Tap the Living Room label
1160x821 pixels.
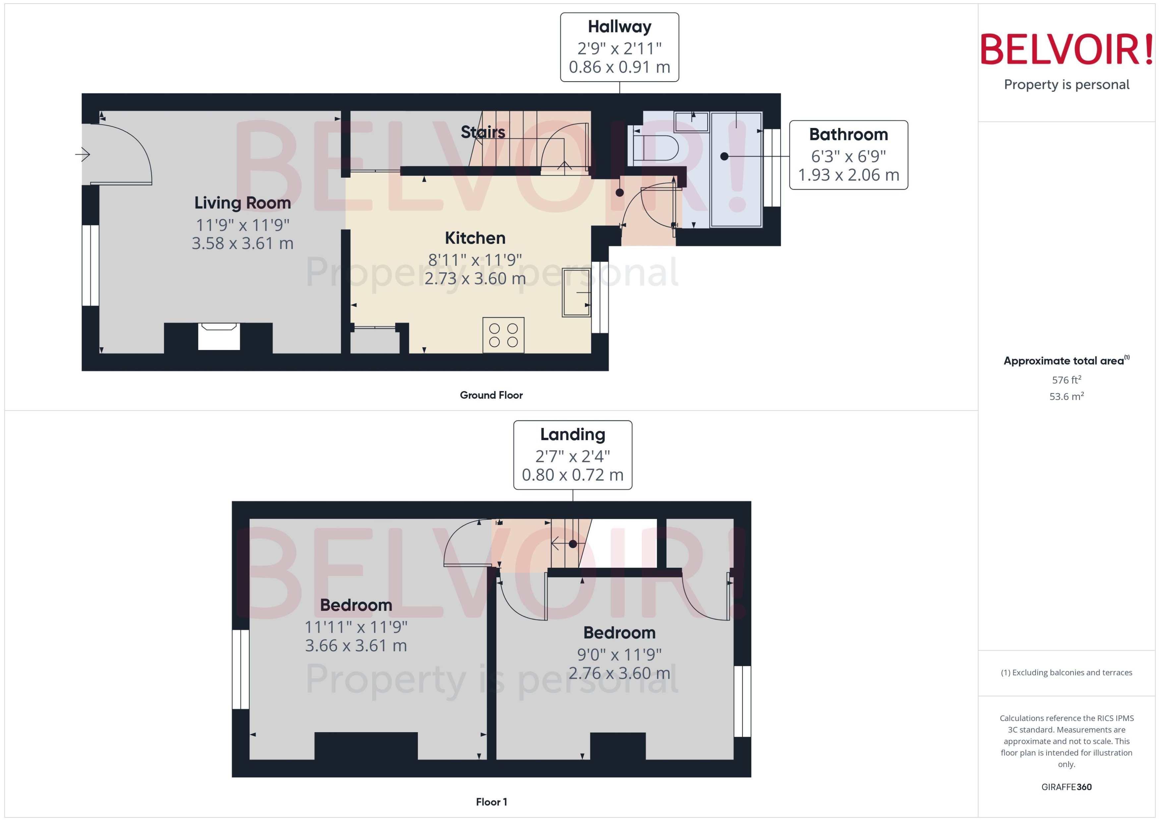tap(243, 203)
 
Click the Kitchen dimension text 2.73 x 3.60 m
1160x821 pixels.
tap(475, 278)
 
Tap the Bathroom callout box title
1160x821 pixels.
tap(848, 135)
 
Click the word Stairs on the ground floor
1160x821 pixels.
tap(483, 132)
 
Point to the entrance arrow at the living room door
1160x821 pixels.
tap(83, 154)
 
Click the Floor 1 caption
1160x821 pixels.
tap(491, 802)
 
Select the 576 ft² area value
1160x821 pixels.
tap(1066, 380)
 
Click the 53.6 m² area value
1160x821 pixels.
tap(1066, 396)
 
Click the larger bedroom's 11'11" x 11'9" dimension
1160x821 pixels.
tap(356, 627)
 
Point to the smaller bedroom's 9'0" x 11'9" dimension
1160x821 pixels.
tap(619, 655)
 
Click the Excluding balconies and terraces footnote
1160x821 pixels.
tap(1066, 673)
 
